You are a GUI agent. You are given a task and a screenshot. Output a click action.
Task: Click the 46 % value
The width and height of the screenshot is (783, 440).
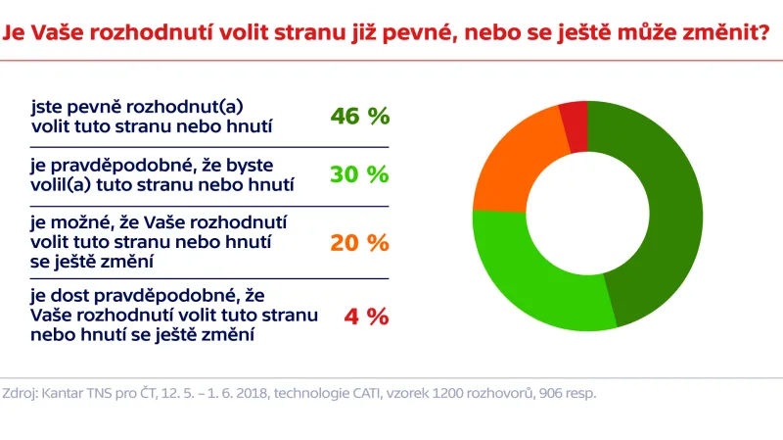click(360, 117)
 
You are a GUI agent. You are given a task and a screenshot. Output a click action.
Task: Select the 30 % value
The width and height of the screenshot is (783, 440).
click(360, 174)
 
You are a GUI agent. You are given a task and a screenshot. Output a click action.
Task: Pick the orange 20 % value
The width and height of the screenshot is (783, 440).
click(360, 242)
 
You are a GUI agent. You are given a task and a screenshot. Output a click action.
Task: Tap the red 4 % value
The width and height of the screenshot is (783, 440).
click(366, 317)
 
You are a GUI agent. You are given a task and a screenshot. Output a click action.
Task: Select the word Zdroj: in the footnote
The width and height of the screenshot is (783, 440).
click(23, 394)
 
